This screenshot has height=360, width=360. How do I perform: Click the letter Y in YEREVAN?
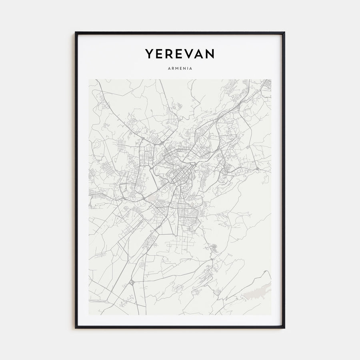point(150,54)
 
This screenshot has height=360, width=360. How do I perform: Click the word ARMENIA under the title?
point(180,68)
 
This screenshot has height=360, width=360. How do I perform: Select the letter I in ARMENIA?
point(187,68)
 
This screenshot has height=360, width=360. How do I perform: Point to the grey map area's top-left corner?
point(89,80)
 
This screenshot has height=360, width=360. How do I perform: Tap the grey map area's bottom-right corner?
point(271,315)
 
